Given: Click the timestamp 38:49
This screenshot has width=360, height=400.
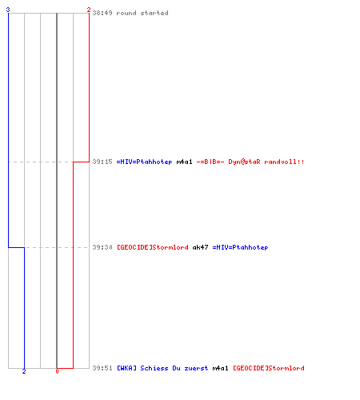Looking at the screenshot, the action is (x=102, y=13).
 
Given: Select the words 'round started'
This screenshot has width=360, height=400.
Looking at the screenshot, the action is (x=142, y=13).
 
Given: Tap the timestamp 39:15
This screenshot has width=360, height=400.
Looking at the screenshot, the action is (x=102, y=162).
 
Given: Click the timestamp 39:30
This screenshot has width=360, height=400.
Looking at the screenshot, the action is (x=102, y=247).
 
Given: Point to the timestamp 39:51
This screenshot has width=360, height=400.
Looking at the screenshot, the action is (x=102, y=368).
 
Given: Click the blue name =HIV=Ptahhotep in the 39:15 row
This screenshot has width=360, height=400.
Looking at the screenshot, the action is (x=144, y=162).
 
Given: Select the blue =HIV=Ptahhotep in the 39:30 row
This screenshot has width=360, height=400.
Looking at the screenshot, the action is (x=240, y=247).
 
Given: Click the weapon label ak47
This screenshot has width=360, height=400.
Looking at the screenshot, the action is (x=200, y=247).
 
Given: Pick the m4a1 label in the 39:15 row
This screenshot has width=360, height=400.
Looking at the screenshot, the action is (x=184, y=162).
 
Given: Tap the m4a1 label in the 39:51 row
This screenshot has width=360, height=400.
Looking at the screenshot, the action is (x=220, y=368).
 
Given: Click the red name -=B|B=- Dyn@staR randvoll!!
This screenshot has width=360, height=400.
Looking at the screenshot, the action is (x=250, y=162).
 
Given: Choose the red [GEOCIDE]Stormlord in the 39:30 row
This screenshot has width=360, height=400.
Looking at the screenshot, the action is (x=153, y=247).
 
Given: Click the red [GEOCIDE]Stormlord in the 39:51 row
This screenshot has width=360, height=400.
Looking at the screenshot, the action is (x=269, y=368).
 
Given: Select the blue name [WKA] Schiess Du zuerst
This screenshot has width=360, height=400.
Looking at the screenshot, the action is (x=162, y=368).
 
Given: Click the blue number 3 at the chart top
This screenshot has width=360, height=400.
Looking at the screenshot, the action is (x=8, y=10).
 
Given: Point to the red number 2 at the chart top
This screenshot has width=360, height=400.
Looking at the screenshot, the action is (x=89, y=10).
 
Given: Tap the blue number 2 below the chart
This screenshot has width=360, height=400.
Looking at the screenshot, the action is (x=24, y=371).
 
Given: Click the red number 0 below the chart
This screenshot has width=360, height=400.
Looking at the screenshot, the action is (x=57, y=371).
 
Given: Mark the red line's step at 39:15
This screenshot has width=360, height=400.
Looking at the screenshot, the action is (x=81, y=162).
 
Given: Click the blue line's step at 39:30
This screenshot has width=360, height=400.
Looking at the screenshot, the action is (x=16, y=247).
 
